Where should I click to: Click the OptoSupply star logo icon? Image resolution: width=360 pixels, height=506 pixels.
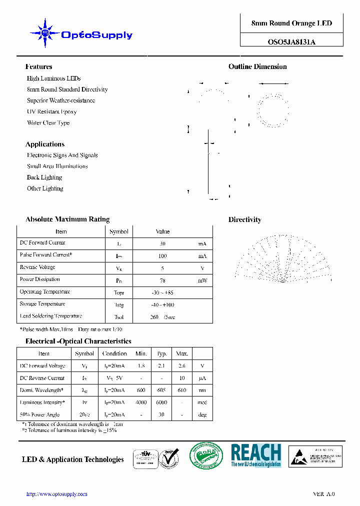tap(45, 33)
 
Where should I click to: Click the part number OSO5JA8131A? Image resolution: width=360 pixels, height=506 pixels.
tap(291, 42)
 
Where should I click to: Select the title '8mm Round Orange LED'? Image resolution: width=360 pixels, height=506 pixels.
tap(291, 23)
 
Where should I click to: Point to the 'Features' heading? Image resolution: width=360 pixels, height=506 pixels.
tap(38, 66)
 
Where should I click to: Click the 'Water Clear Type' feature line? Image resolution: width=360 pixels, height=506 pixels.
tap(48, 122)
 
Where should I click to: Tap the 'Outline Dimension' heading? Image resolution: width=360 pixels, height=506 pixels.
tap(257, 66)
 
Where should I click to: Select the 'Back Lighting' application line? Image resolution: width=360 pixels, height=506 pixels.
tap(44, 177)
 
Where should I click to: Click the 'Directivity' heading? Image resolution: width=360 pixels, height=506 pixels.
tap(244, 219)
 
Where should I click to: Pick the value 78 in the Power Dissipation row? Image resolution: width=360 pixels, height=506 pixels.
tap(162, 280)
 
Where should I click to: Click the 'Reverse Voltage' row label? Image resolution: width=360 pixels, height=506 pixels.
tap(37, 267)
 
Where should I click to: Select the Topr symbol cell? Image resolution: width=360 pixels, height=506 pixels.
tap(119, 293)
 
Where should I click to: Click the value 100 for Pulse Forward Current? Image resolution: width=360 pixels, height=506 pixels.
tap(162, 256)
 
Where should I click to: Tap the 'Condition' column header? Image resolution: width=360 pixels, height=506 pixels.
tap(114, 353)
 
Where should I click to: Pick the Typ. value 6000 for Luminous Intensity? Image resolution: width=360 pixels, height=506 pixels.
tap(161, 402)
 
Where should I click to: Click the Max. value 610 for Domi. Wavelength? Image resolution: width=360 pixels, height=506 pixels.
tap(181, 390)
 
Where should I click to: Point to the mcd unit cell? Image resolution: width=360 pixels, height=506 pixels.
tap(202, 402)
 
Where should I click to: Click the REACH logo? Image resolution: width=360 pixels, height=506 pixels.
tap(256, 455)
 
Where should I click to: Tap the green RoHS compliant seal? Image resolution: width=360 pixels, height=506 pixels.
tap(206, 456)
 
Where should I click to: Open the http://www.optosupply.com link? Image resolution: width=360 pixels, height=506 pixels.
tap(56, 494)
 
